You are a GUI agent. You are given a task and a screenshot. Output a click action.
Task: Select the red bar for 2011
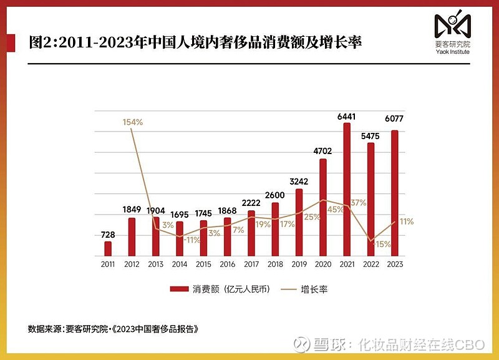click(108, 249)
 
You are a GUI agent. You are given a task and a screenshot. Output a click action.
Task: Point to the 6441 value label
click(347, 117)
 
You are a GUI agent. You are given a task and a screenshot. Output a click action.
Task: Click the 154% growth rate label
click(132, 122)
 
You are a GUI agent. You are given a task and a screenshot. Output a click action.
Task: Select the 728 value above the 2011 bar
click(108, 235)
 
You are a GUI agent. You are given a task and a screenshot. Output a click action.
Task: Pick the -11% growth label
click(192, 240)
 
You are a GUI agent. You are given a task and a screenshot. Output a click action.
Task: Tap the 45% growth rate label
click(336, 210)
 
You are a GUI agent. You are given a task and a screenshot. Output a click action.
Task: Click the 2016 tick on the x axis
click(228, 265)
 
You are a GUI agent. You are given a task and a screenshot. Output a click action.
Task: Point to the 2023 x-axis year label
click(394, 265)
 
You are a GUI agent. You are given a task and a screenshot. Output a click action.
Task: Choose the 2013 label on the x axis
click(156, 265)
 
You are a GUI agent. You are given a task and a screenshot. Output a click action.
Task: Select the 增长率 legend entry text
click(314, 289)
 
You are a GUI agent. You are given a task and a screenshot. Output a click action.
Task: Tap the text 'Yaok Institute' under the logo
click(452, 52)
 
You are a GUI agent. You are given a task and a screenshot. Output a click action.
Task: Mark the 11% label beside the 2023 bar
click(407, 221)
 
